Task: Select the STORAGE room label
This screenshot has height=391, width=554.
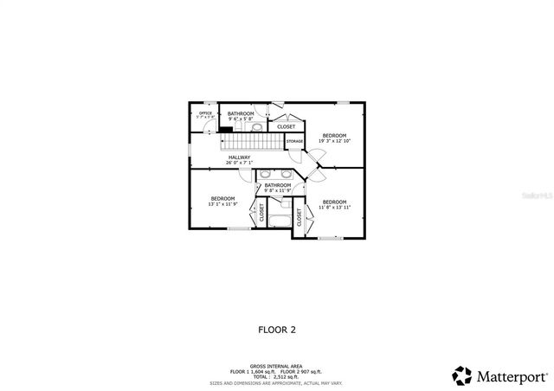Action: [x=294, y=140]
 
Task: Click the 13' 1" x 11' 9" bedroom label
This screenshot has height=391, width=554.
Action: [x=222, y=201]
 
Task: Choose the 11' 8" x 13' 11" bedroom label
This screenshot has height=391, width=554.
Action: [x=334, y=204]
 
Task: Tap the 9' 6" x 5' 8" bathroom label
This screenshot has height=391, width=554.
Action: [x=241, y=116]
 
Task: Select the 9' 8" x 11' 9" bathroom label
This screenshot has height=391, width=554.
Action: [x=278, y=187]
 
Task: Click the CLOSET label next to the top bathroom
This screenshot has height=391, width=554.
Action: [x=286, y=126]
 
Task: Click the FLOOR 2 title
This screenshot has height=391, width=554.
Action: [x=277, y=330]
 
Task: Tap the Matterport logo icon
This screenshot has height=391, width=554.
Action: [x=461, y=375]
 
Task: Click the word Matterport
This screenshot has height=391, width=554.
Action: [x=508, y=375]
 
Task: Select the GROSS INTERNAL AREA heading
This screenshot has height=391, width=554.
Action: [x=276, y=367]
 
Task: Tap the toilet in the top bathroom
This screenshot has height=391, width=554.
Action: [x=257, y=126]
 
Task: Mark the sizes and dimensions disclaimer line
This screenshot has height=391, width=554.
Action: [x=276, y=381]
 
